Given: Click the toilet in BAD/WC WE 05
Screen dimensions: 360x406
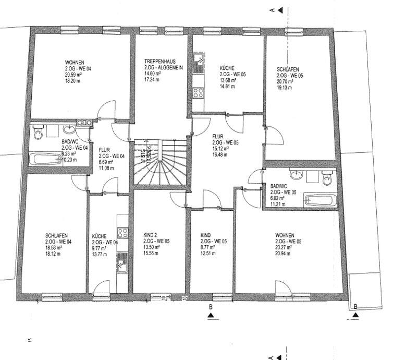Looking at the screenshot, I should click(327, 179).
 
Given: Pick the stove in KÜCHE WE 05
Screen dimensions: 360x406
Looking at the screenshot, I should click(198, 93).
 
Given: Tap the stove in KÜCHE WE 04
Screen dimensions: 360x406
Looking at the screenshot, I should click(122, 233).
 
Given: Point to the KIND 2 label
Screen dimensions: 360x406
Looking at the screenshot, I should click(151, 236).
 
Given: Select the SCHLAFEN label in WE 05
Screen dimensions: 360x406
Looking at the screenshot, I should click(288, 69).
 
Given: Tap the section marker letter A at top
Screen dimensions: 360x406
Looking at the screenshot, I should click(270, 9).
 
